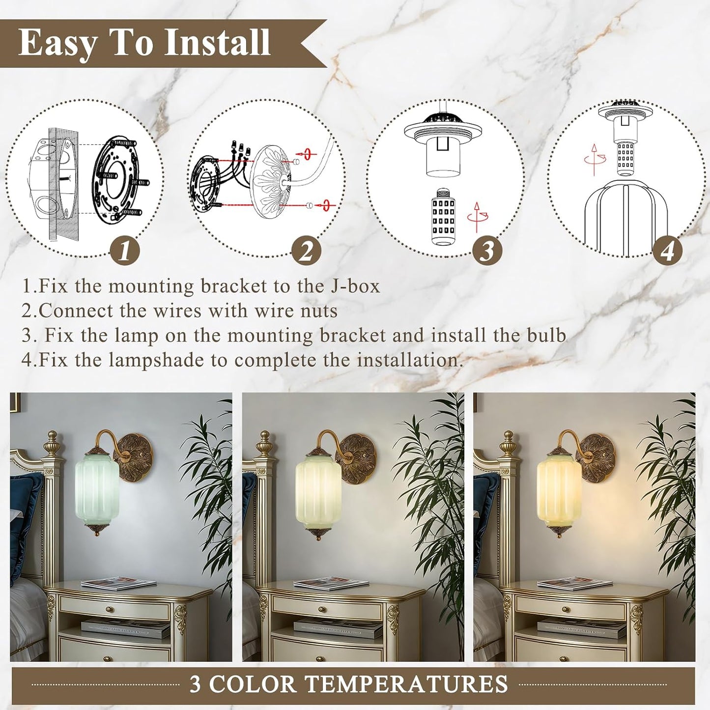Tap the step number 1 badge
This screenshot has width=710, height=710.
tap(125, 252)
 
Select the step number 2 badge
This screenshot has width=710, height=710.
tap(306, 252)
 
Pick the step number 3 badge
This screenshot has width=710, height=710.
tap(488, 252)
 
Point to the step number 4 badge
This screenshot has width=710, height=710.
tap(668, 252)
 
